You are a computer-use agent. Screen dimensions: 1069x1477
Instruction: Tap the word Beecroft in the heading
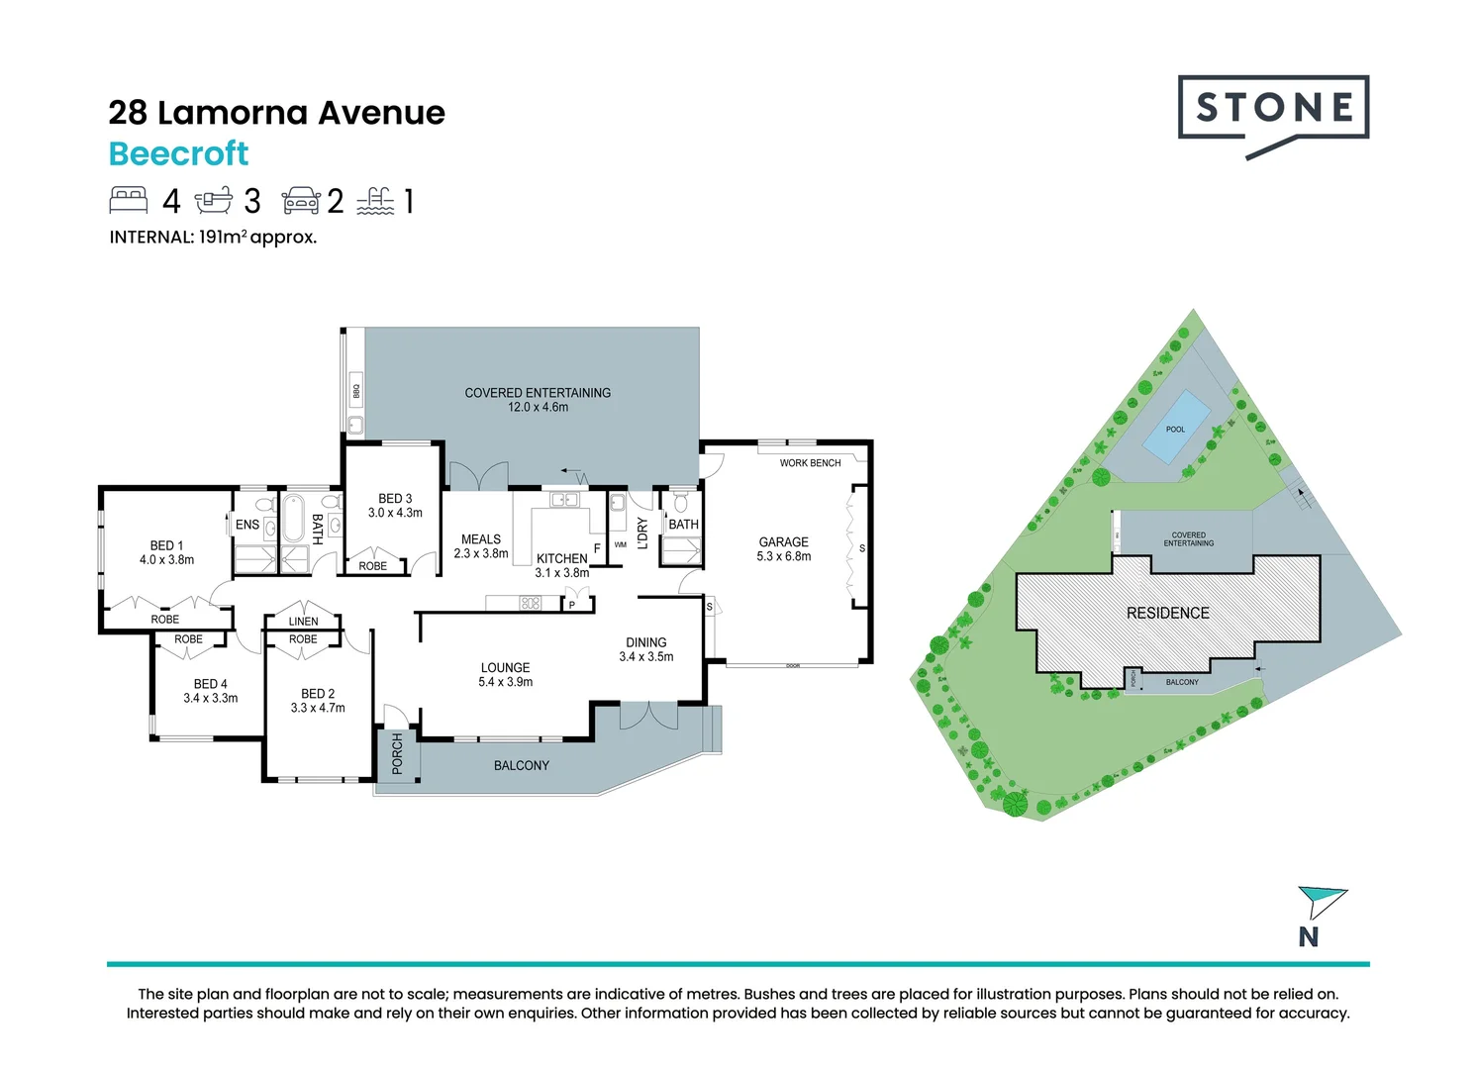coord(178,154)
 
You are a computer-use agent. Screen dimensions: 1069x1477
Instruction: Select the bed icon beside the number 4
coord(129,200)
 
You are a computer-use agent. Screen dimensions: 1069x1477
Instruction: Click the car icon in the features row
coord(301,201)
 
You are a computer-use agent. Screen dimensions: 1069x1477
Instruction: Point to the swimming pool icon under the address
coord(375,201)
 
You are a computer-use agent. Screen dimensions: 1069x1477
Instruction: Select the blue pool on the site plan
coord(1176,428)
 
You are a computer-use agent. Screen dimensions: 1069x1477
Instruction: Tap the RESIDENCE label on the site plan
coord(1167,614)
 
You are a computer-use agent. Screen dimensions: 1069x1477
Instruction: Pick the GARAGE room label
coord(783,542)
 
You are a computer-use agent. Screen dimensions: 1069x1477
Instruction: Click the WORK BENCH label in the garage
coord(810,463)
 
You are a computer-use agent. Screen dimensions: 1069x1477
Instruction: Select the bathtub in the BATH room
coord(294,519)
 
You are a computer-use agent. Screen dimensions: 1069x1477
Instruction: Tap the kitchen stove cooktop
coord(531,603)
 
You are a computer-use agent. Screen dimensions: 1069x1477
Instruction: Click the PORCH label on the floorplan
coord(397,753)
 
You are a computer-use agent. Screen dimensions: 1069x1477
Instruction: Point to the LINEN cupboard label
coord(303,622)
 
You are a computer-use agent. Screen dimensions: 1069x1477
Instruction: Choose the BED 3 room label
coord(395,499)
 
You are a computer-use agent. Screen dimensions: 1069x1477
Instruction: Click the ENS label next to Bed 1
coord(247,526)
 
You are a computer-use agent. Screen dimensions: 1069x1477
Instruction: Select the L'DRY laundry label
coord(641,534)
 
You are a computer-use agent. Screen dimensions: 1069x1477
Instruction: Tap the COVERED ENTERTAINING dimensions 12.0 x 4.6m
coord(538,408)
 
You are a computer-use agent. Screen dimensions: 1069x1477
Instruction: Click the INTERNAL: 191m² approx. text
coord(213,238)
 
